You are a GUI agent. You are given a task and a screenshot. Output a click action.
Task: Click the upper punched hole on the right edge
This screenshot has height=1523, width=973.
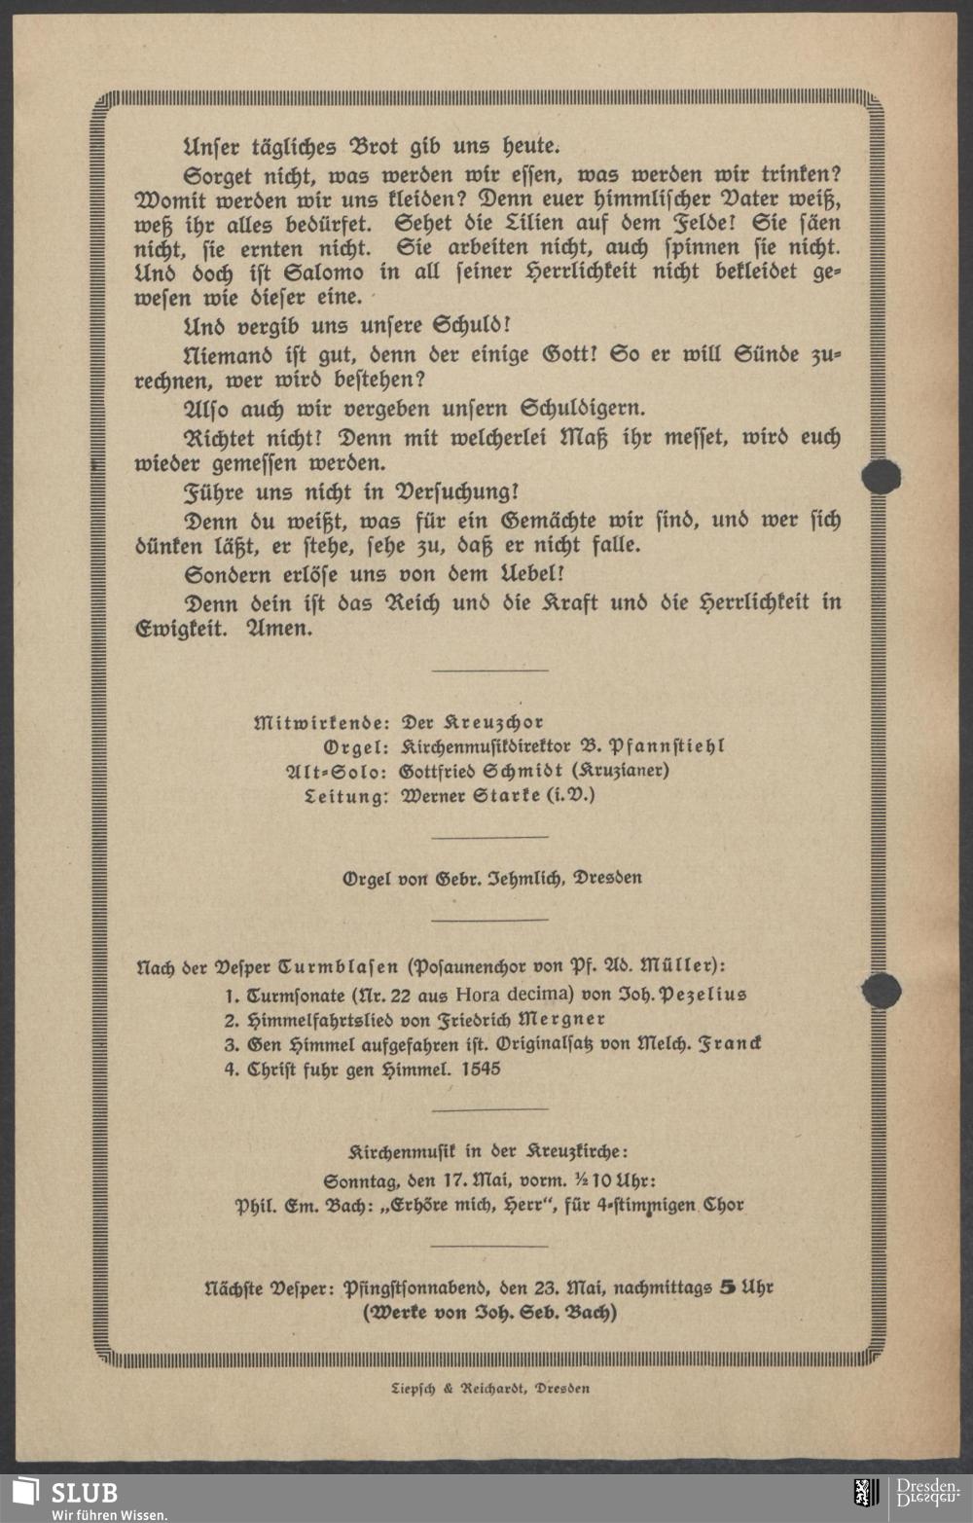[x=882, y=476]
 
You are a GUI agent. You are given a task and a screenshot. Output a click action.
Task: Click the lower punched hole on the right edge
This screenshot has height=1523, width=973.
[x=882, y=991]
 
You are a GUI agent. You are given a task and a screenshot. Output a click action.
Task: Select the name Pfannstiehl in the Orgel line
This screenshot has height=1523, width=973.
[x=667, y=746]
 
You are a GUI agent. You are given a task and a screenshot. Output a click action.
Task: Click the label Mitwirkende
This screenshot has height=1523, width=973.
[x=321, y=722]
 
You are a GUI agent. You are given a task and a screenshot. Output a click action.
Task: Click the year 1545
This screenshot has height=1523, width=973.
[x=481, y=1069]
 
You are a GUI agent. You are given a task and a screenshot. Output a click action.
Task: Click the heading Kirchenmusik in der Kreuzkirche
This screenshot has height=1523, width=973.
[x=488, y=1150]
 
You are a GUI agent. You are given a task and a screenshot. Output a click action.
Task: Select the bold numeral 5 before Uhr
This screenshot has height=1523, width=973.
[x=727, y=1287]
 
